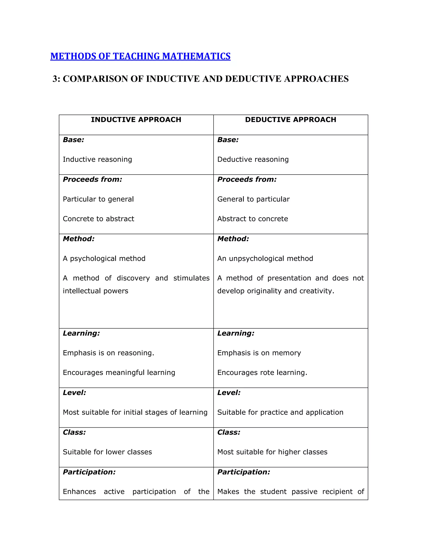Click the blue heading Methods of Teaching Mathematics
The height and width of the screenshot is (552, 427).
(x=140, y=56)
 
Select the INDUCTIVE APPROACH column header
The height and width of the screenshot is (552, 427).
(x=136, y=120)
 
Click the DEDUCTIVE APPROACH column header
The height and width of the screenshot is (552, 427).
(x=291, y=120)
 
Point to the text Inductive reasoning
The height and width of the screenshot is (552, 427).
(x=97, y=160)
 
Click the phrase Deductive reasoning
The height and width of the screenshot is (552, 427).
(x=253, y=160)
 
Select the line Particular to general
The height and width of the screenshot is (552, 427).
(x=98, y=199)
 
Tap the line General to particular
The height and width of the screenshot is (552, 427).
(x=254, y=199)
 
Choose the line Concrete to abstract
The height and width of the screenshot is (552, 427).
(x=98, y=219)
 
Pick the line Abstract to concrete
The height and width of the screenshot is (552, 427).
(x=253, y=219)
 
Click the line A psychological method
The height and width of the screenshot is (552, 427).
(x=104, y=259)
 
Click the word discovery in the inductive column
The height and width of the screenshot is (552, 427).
(x=133, y=278)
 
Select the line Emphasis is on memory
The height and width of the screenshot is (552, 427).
(x=259, y=353)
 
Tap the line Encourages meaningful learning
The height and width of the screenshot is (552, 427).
(x=119, y=373)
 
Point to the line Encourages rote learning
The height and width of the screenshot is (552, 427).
(x=262, y=373)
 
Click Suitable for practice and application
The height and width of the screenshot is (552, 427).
(x=280, y=412)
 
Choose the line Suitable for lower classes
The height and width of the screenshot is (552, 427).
(x=107, y=452)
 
